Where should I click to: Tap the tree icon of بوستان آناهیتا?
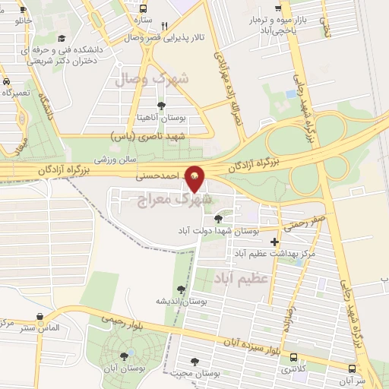160,106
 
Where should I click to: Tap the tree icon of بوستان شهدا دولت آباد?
218,219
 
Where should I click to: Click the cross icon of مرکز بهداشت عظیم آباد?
274,242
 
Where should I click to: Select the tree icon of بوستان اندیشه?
180,289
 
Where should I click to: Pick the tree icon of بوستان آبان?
125,356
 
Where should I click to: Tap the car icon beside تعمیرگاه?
6,81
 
